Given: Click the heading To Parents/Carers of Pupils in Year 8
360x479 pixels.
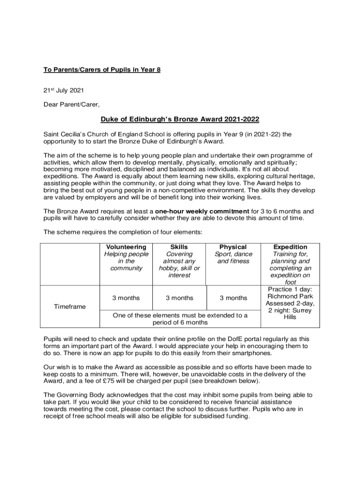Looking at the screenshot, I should click(102, 70).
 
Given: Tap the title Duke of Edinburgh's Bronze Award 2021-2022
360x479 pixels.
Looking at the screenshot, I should click(180, 119).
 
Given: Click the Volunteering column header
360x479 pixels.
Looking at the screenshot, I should click(126, 247).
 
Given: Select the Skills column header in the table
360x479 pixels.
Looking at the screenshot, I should click(179, 247).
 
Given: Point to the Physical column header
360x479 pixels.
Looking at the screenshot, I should click(233, 247).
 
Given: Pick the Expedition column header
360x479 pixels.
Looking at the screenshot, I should click(290, 247).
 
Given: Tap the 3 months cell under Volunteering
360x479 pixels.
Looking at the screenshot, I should click(126, 298).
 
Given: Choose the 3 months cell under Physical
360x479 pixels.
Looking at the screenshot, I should click(233, 298).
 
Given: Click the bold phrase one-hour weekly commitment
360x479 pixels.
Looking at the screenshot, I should click(202, 211).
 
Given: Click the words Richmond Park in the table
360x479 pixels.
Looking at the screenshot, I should click(290, 296).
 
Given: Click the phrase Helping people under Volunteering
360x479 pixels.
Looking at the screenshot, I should click(126, 254).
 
